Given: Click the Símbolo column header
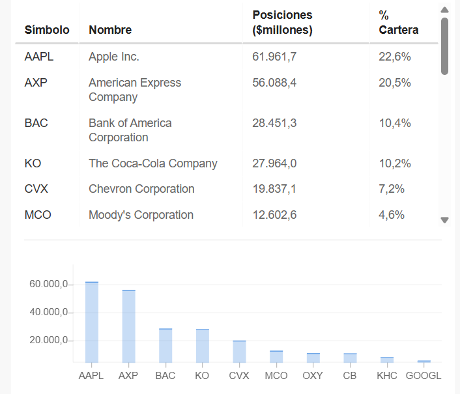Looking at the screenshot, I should pyautogui.click(x=47, y=30).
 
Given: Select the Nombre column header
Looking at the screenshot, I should pyautogui.click(x=110, y=30).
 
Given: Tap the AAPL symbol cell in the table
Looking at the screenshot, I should pyautogui.click(x=39, y=57).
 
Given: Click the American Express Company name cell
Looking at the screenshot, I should pyautogui.click(x=135, y=90).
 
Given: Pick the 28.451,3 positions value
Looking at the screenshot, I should pyautogui.click(x=274, y=123).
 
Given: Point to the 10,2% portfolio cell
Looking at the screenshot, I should pyautogui.click(x=395, y=163).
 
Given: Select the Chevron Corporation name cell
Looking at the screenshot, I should pyautogui.click(x=141, y=189).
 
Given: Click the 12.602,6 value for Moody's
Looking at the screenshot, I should pyautogui.click(x=274, y=215).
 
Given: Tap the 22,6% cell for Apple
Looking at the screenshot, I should pyautogui.click(x=395, y=57).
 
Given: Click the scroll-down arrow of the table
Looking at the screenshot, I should pyautogui.click(x=445, y=220).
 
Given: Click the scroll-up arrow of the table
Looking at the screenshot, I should pyautogui.click(x=445, y=10).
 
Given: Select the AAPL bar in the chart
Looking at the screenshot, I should pyautogui.click(x=92, y=322).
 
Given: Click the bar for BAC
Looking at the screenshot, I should pyautogui.click(x=165, y=345).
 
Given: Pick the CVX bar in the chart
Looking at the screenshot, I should pyautogui.click(x=239, y=351).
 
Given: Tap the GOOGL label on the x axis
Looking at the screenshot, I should pyautogui.click(x=424, y=376).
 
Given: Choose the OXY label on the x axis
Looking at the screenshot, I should pyautogui.click(x=313, y=376).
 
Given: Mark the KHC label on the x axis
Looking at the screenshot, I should pyautogui.click(x=386, y=376).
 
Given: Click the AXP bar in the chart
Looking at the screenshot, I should pyautogui.click(x=129, y=326).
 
